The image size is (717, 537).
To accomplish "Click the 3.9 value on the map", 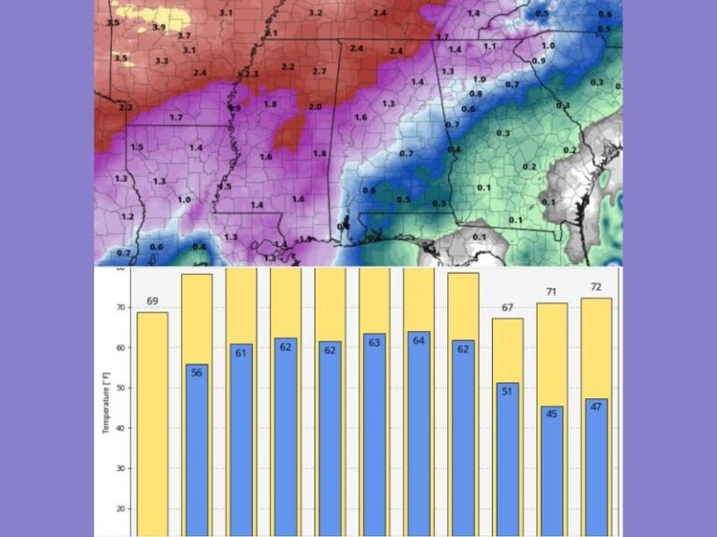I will pyautogui.click(x=159, y=28).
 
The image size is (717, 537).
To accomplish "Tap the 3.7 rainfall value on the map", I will pyautogui.click(x=184, y=35).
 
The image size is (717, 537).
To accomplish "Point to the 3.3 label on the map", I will pyautogui.click(x=162, y=61).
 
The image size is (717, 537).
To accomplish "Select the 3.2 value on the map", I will pyautogui.click(x=316, y=13).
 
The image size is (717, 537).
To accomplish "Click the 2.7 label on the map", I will pyautogui.click(x=319, y=72).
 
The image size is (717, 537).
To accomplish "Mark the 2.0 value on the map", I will pyautogui.click(x=315, y=107).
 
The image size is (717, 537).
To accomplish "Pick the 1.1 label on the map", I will pyautogui.click(x=490, y=46).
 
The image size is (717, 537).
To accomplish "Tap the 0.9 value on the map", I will pyautogui.click(x=538, y=61).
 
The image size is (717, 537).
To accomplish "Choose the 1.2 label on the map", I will pyautogui.click(x=128, y=216).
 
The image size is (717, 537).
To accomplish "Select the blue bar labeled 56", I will pyautogui.click(x=197, y=447).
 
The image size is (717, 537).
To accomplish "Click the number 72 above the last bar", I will pyautogui.click(x=596, y=287).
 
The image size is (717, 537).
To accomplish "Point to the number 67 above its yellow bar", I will pyautogui.click(x=507, y=308).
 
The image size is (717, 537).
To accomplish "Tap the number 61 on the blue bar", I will pyautogui.click(x=242, y=352).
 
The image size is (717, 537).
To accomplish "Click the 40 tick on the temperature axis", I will pyautogui.click(x=119, y=428).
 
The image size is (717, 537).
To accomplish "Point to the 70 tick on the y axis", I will pyautogui.click(x=119, y=308).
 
